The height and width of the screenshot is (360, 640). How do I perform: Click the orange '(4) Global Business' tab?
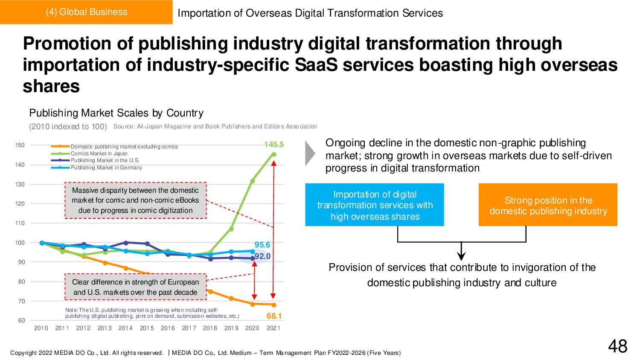coord(86,12)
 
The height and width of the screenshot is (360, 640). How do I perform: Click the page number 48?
coord(617,346)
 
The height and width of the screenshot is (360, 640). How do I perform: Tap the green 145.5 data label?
coord(273,145)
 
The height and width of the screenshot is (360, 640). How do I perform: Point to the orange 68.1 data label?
coord(274,316)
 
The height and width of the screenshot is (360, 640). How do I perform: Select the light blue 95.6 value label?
coord(262,245)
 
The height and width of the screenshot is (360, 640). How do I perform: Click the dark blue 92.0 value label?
coord(262,256)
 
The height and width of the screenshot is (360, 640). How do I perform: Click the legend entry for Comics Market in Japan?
coord(99,154)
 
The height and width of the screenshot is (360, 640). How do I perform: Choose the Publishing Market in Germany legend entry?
coord(106,168)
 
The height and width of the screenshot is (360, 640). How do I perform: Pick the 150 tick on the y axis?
coord(20,145)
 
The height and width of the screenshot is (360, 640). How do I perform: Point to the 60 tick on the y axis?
coord(21,320)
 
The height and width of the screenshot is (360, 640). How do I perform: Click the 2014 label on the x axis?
coord(125,328)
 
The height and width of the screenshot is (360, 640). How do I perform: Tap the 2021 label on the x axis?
coord(273,328)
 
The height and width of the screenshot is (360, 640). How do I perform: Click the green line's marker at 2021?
coord(273,154)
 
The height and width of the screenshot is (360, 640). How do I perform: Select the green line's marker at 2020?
coord(253,181)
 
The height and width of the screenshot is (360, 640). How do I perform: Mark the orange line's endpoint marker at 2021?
coord(273,305)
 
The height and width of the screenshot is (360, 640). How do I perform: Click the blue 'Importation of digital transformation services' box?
coord(375,205)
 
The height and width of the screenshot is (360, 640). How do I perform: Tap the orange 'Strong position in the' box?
coord(548,205)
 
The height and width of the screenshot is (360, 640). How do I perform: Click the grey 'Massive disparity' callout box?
coord(135,200)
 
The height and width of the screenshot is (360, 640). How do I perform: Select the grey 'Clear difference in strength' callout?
coord(135,287)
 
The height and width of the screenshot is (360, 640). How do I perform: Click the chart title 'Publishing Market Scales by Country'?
coord(116,113)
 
